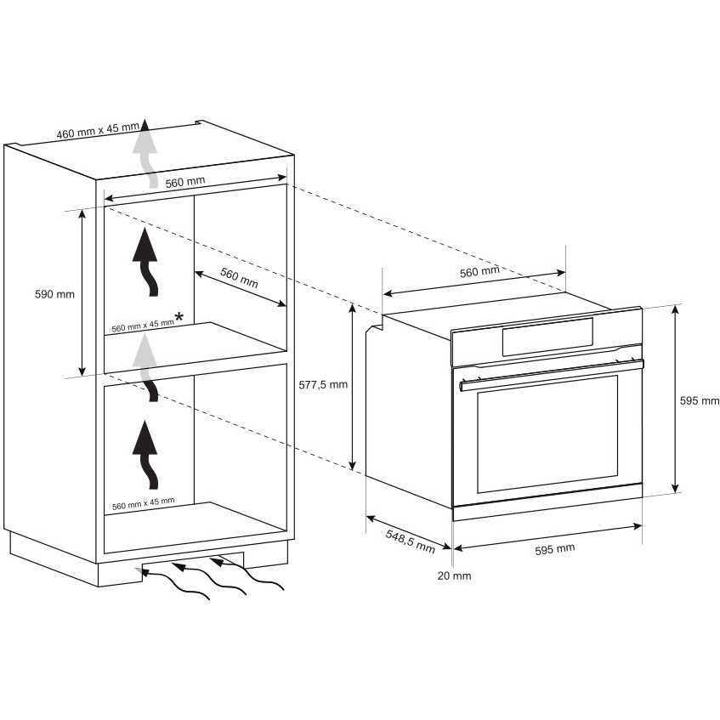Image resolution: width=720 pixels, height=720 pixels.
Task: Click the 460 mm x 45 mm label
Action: (x=98, y=131)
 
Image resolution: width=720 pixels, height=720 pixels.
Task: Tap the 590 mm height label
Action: (x=54, y=294)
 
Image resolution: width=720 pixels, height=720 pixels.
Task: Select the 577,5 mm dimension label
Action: (x=323, y=385)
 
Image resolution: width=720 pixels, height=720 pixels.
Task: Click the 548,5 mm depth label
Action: (x=410, y=541)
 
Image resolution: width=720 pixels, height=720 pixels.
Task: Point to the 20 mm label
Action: (x=454, y=575)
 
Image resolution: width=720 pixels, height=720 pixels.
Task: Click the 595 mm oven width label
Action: (x=555, y=549)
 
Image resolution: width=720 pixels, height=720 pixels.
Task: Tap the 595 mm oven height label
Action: (x=700, y=401)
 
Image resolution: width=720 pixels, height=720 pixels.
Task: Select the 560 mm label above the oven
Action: (x=479, y=272)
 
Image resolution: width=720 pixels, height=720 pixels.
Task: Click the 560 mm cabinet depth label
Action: (x=239, y=277)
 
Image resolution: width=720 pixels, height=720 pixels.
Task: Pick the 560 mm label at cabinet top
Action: (x=185, y=182)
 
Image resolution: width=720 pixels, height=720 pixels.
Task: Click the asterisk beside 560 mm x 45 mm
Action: (x=179, y=317)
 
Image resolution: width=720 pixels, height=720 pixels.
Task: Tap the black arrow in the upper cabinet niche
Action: (x=145, y=262)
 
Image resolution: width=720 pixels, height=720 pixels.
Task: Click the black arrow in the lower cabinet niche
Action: (x=145, y=455)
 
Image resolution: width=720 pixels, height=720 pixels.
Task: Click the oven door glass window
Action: (x=547, y=434)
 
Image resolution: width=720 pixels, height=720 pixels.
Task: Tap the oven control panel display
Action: (x=547, y=337)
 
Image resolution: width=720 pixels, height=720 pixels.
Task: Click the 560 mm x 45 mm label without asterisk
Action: (x=144, y=504)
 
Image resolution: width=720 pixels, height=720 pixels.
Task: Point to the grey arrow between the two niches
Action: (x=146, y=367)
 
